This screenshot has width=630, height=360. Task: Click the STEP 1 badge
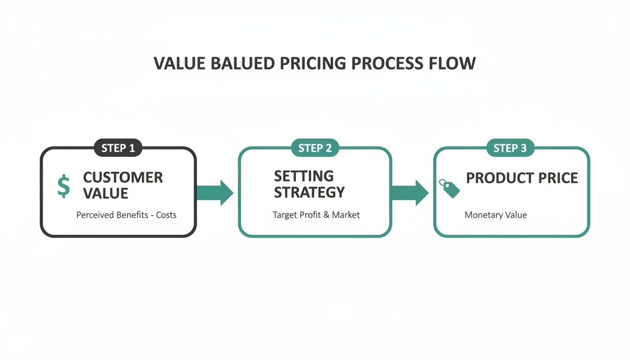118,148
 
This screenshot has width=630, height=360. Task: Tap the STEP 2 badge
315,148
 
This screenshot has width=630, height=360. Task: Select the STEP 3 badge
510,148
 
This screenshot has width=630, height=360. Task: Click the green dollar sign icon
63,186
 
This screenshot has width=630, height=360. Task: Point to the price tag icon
449,188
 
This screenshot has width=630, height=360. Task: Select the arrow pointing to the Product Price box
410,192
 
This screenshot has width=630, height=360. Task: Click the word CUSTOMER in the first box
123,177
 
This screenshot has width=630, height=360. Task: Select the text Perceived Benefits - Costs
126,215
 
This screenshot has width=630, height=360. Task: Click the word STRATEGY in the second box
309,192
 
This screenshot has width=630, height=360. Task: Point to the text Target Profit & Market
316,215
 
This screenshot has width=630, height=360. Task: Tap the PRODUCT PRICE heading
522,178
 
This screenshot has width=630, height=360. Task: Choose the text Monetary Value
495,215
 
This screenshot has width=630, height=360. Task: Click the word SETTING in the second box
304,176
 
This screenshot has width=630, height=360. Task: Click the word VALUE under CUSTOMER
105,193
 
